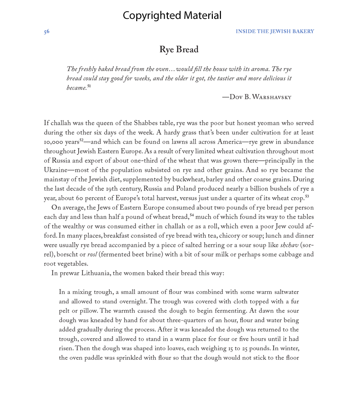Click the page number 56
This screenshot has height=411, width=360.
46,32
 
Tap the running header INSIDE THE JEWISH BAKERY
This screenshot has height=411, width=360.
274,32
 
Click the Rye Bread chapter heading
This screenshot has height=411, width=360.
179,50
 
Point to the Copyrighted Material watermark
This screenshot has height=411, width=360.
172,15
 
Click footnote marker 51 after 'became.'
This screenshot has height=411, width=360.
89,86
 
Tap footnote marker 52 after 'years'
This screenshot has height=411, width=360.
81,140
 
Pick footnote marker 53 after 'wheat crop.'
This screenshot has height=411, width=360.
307,196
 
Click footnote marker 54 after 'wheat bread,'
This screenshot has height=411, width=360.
192,215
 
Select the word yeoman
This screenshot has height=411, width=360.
245,123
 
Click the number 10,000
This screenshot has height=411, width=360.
54,142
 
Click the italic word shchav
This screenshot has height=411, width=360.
289,245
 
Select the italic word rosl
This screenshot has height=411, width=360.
92,255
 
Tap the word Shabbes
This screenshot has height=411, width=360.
148,123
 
